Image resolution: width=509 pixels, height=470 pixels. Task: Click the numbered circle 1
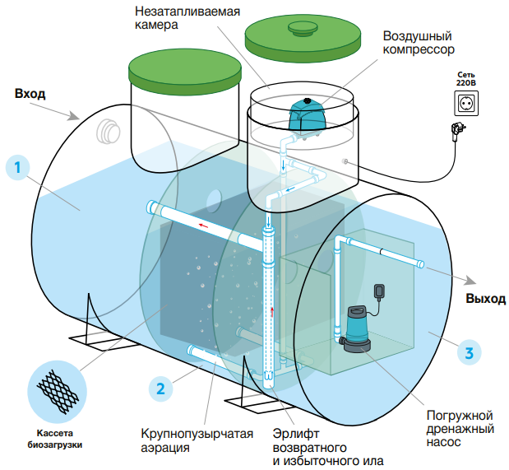coord(17,167)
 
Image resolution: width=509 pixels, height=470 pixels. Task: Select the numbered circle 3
coord(469,353)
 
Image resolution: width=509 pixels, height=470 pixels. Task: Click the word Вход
coord(30,94)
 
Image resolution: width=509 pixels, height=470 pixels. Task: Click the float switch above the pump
coord(379,291)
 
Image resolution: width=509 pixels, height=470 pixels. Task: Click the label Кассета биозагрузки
coord(56,438)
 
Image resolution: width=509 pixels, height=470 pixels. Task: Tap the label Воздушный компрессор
coord(419,44)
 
